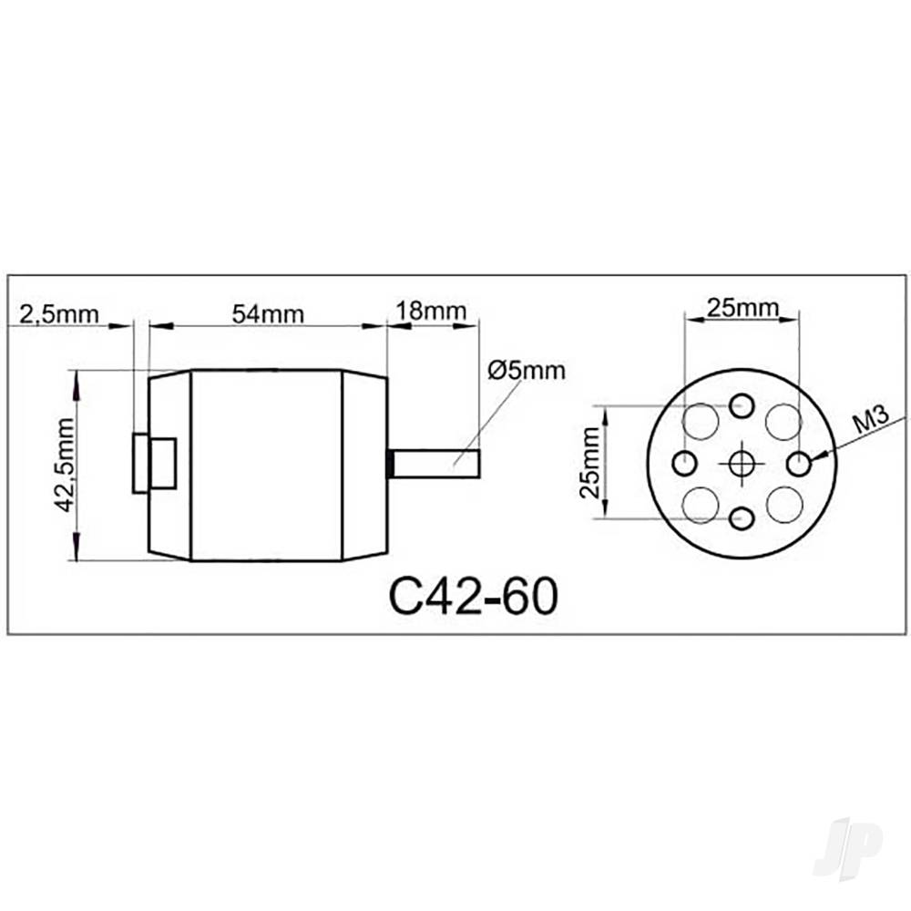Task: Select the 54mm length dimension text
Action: pos(268,313)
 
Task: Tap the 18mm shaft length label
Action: pos(430,311)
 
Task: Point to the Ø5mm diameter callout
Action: pos(526,371)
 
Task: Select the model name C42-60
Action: pos(472,597)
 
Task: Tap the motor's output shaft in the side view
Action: pos(435,463)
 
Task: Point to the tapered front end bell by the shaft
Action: pos(364,465)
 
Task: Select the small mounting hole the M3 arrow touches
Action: pos(801,464)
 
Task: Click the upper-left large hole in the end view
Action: pos(701,422)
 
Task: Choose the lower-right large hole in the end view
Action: pos(783,505)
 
